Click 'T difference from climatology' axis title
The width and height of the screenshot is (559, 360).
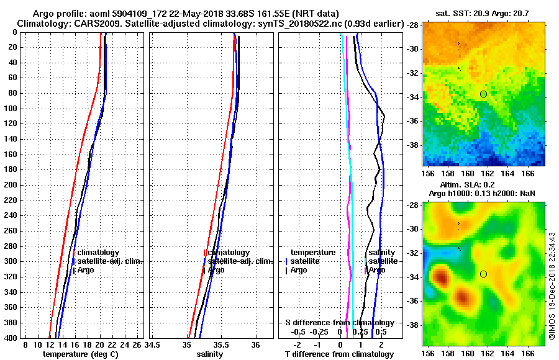tap(339, 354)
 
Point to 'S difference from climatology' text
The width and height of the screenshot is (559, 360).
tap(339, 323)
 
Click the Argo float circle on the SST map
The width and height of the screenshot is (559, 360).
tap(483, 94)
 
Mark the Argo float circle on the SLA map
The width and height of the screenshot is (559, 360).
tap(483, 274)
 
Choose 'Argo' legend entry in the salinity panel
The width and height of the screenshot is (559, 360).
tap(216, 270)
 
